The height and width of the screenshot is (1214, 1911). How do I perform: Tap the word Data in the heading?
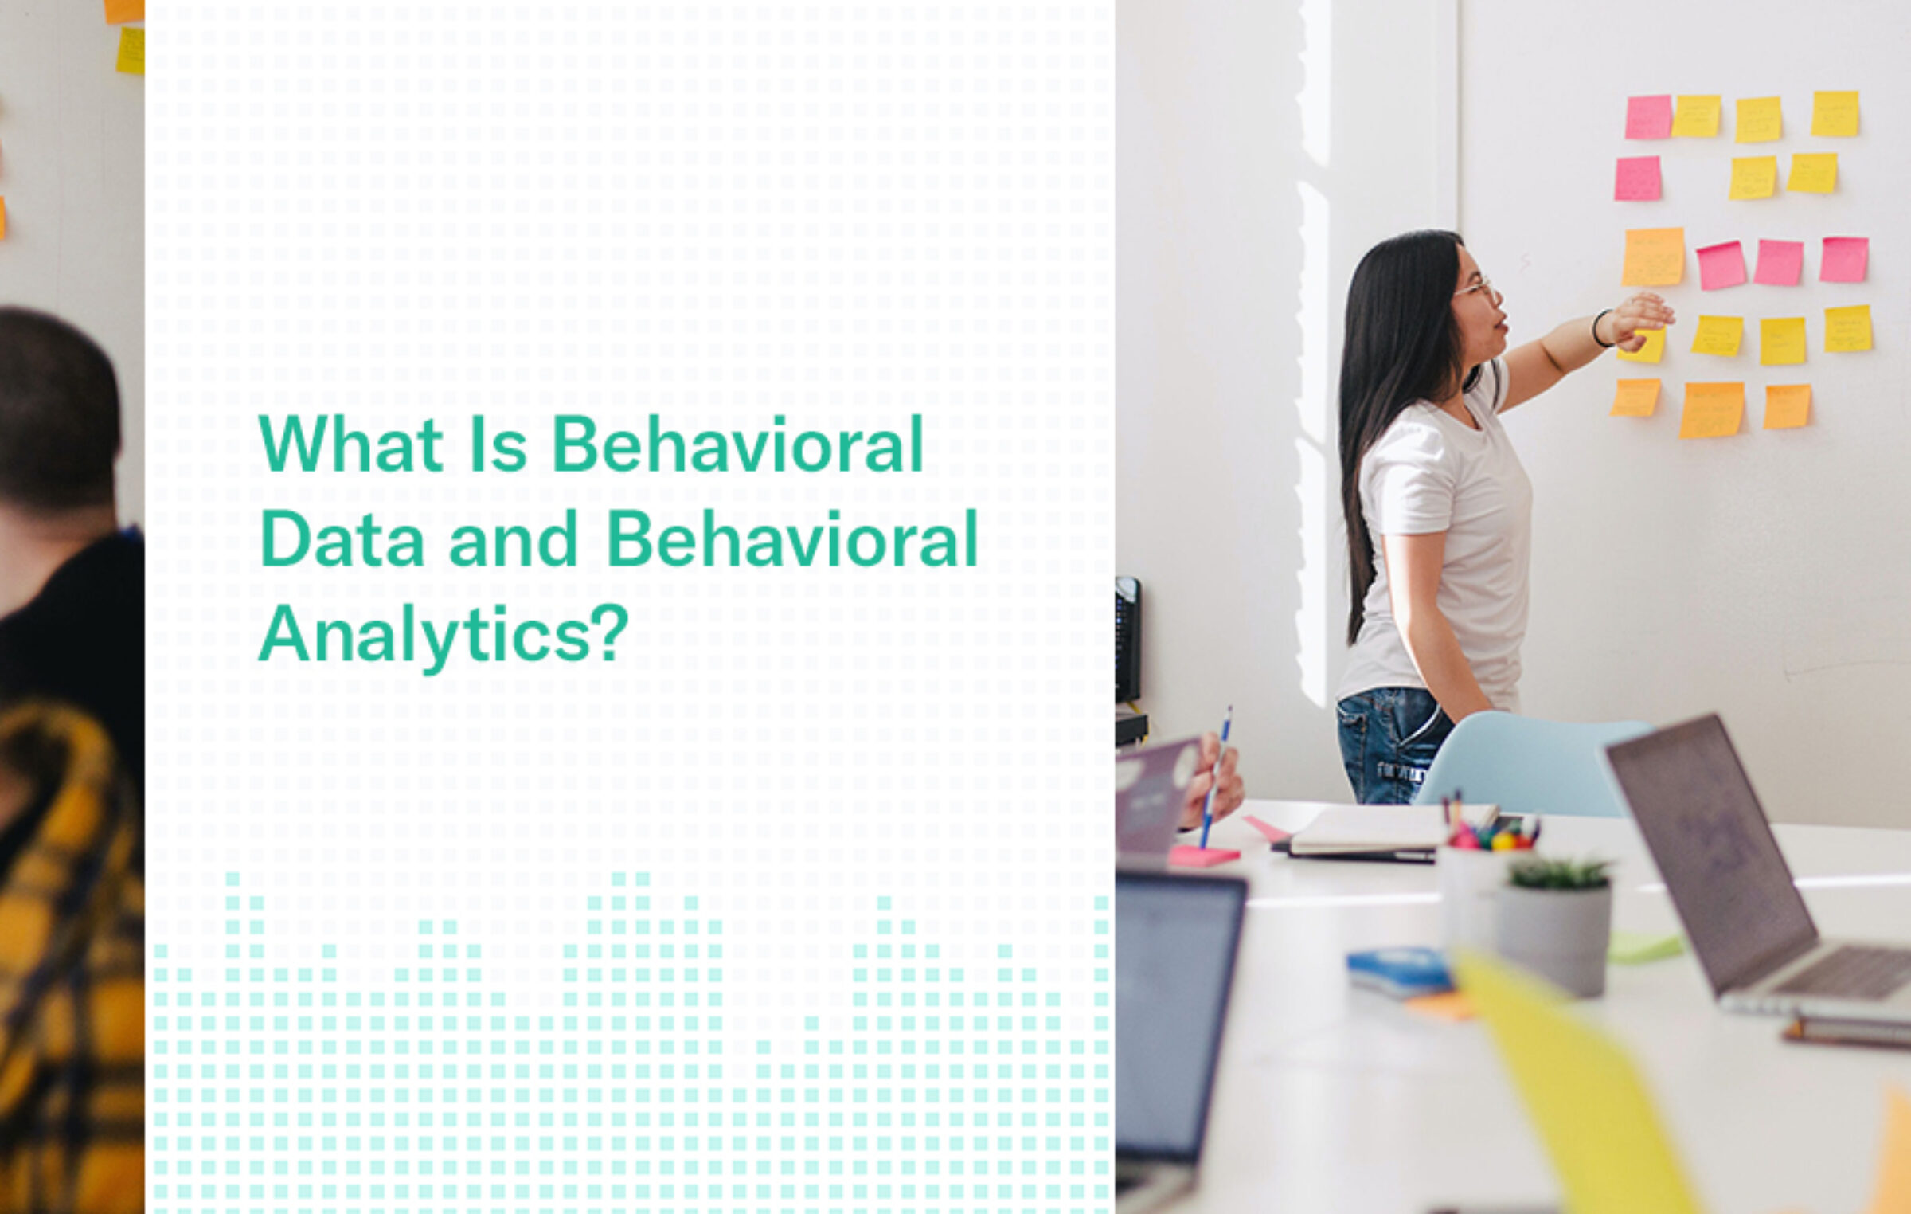[342, 540]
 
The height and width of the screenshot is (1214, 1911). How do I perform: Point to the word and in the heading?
[513, 540]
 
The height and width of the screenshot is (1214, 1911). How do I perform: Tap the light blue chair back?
[1529, 765]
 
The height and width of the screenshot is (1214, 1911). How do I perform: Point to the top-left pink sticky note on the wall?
[1647, 117]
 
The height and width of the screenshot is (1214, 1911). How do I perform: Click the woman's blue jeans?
[1389, 745]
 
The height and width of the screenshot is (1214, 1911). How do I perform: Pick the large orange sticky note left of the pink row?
[1653, 257]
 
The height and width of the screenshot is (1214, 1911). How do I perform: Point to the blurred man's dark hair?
[56, 398]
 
